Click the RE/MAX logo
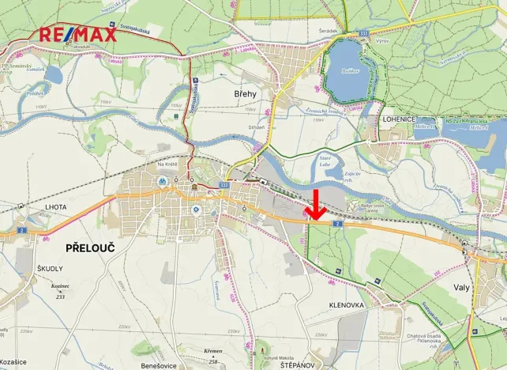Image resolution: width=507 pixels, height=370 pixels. point(78,34)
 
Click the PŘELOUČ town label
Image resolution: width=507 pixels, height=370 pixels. point(84,248)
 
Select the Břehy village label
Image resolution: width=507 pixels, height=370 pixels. point(246,93)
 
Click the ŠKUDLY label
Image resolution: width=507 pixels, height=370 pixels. point(49,269)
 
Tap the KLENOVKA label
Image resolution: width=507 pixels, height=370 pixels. point(346,304)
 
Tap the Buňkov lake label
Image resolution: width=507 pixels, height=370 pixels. point(349,70)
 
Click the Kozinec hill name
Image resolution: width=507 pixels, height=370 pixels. point(60,285)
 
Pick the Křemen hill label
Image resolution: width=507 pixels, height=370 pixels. point(213,352)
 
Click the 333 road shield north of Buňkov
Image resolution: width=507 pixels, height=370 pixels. point(363,34)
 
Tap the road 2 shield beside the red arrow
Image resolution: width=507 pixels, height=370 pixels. point(337,224)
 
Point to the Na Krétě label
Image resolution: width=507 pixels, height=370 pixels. point(167,164)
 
